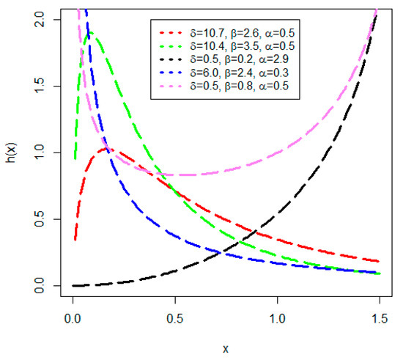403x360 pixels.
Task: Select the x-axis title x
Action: [225, 350]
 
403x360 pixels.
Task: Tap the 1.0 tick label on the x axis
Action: [277, 320]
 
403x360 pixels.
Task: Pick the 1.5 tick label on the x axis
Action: [378, 320]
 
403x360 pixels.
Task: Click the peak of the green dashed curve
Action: [89, 32]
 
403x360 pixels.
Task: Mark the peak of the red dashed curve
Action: [108, 150]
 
